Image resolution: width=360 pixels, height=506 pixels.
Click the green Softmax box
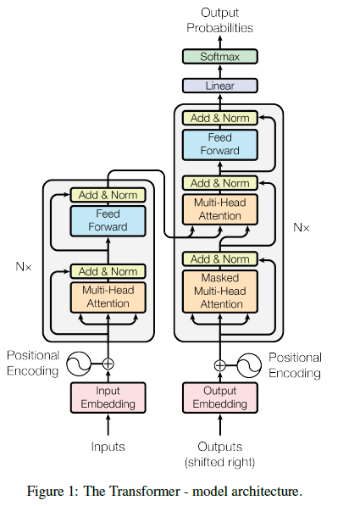click(x=220, y=57)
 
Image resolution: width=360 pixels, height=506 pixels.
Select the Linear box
click(x=220, y=86)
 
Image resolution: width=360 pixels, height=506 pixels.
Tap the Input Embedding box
click(x=108, y=398)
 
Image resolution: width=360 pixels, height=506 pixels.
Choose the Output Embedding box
click(x=220, y=398)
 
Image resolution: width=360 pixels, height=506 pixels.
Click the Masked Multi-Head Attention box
click(x=220, y=292)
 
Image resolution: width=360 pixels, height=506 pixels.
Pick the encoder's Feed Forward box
click(x=108, y=221)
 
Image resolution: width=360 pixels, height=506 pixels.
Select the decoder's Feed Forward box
click(x=220, y=145)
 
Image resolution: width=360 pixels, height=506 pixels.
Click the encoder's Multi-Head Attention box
click(x=108, y=297)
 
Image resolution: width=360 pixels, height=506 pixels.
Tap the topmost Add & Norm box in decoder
click(x=220, y=118)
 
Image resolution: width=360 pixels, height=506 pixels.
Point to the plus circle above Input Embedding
click(x=108, y=364)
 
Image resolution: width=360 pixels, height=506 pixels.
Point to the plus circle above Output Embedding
click(x=220, y=365)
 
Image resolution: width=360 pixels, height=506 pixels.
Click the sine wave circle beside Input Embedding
click(x=79, y=364)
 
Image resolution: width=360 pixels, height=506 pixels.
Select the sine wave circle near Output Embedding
click(x=249, y=365)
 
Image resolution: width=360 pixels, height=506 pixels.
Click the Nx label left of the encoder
click(x=24, y=266)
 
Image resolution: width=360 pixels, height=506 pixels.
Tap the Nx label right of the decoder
click(x=302, y=227)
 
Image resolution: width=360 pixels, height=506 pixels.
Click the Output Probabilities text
click(x=220, y=20)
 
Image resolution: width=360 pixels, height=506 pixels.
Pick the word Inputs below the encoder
click(x=108, y=447)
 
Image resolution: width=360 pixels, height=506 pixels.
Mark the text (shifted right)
click(x=220, y=463)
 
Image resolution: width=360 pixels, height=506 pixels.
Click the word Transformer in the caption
click(x=145, y=492)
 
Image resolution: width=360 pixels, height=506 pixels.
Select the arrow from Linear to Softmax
click(x=220, y=71)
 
